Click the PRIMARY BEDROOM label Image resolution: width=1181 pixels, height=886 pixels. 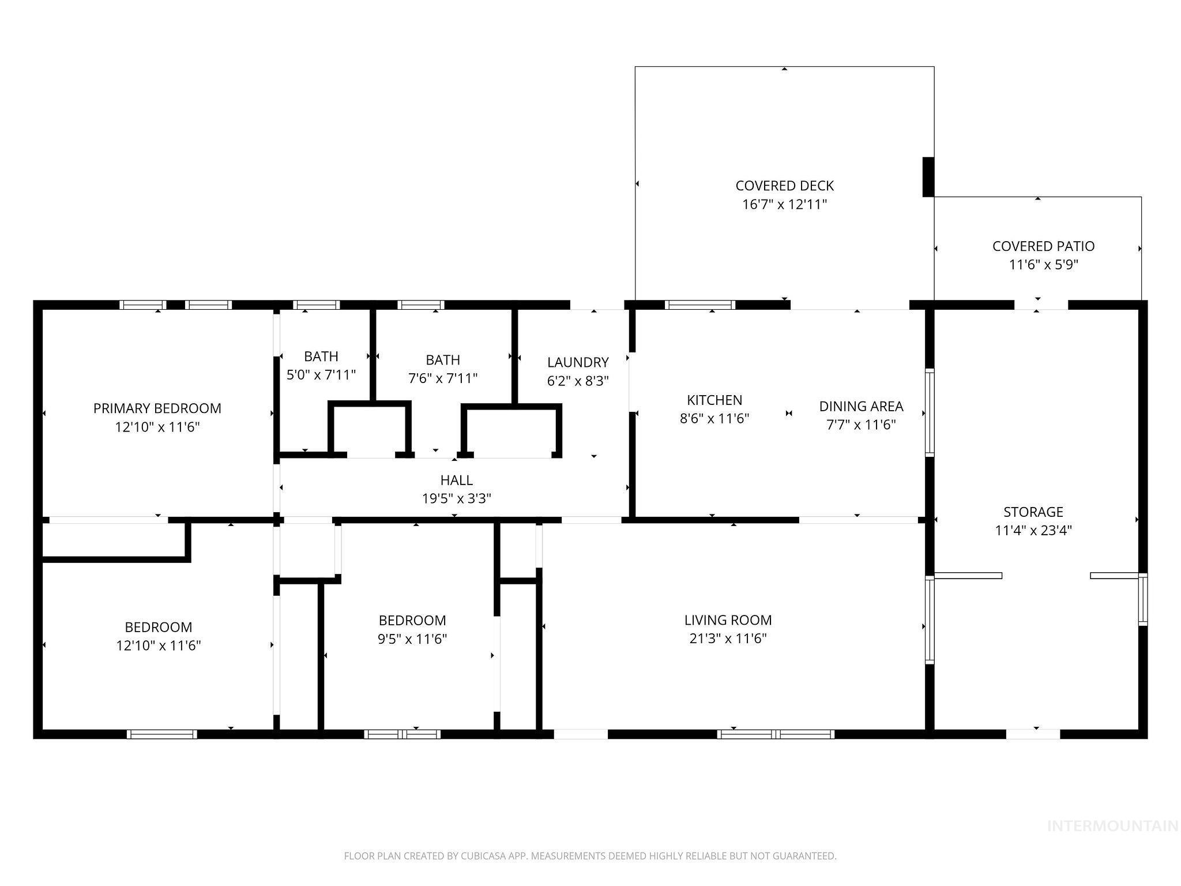(157, 408)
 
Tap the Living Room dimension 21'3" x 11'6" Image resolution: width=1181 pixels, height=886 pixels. (728, 639)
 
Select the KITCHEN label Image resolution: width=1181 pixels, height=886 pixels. (714, 400)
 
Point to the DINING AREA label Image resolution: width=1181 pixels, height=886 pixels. (861, 406)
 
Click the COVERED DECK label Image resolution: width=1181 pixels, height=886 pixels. (784, 186)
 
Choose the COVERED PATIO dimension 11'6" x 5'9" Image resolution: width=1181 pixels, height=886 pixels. (1043, 265)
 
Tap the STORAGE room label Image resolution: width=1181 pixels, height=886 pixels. (1033, 512)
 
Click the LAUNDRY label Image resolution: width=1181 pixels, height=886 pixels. (578, 362)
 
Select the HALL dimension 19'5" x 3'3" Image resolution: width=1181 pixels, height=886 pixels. (456, 498)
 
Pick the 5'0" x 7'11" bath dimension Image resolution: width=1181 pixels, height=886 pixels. (321, 375)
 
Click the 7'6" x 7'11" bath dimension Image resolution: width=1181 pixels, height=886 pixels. (443, 378)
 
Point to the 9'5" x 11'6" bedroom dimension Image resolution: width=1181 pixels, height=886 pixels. (412, 639)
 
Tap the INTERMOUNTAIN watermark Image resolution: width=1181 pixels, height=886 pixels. (1112, 826)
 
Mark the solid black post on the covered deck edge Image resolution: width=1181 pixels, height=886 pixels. (928, 177)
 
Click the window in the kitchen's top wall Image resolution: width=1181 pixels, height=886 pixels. (699, 305)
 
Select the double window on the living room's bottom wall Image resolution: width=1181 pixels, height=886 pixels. (776, 734)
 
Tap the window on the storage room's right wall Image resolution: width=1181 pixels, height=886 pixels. (1142, 599)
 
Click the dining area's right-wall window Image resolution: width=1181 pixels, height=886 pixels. (929, 412)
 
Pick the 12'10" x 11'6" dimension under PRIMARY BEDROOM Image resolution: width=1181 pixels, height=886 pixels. (157, 427)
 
